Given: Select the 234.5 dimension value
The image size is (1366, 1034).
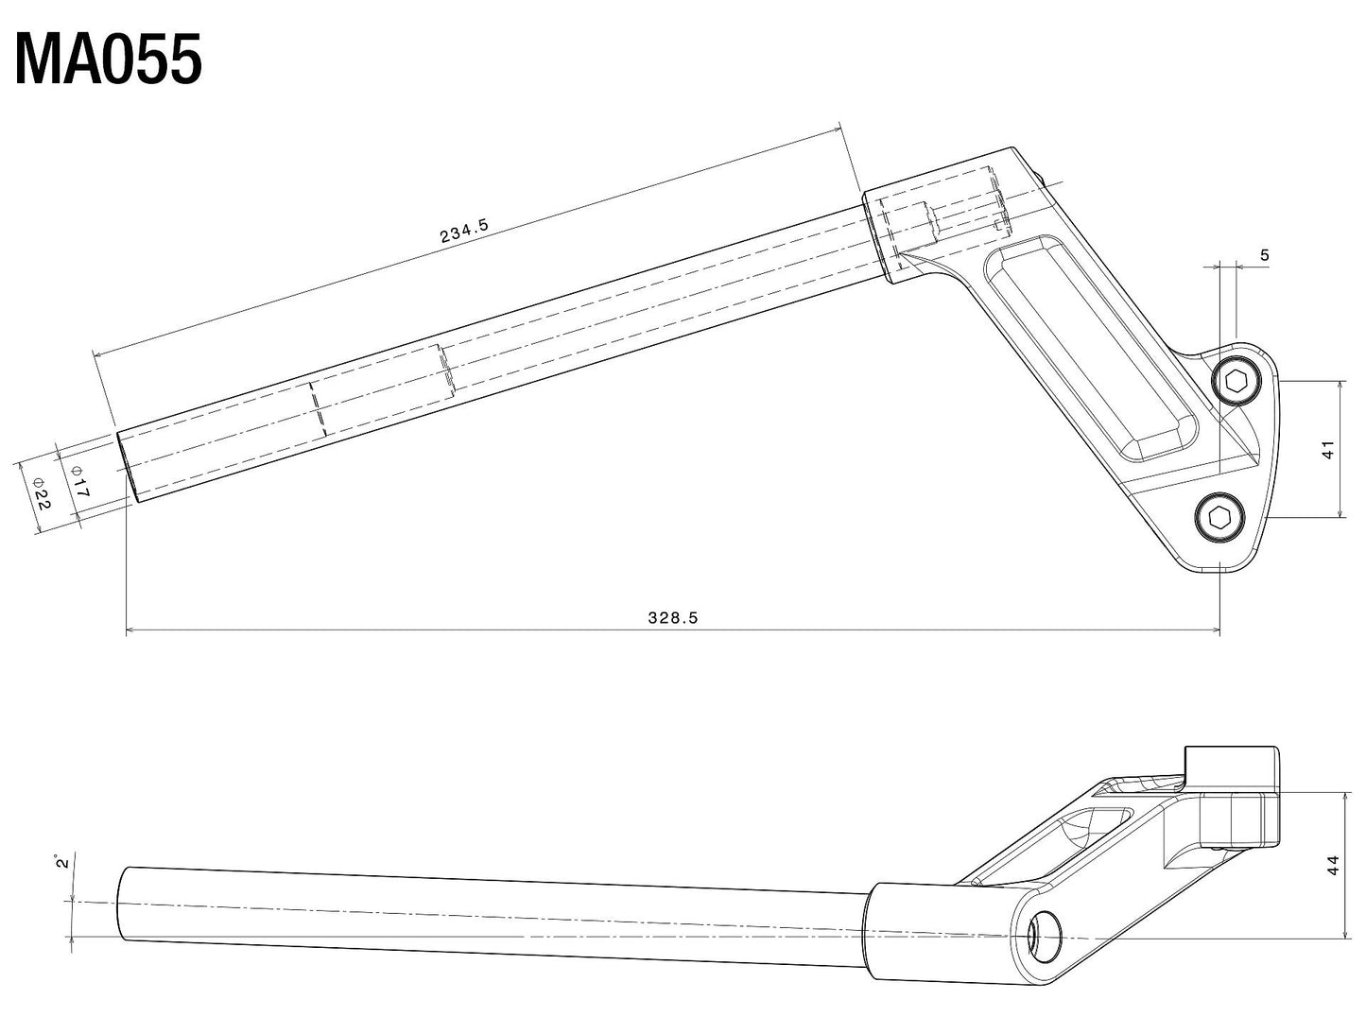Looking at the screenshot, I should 464,231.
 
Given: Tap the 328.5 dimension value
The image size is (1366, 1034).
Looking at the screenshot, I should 672,618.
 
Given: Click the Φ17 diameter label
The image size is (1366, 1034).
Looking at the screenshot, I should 80,483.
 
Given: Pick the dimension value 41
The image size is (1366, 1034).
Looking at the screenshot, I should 1327,450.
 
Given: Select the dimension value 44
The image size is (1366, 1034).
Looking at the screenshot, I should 1332,864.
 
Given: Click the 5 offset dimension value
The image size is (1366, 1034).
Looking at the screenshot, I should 1265,255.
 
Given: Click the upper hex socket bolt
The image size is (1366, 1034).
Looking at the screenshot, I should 1236,382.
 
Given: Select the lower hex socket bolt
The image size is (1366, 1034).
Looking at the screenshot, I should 1218,517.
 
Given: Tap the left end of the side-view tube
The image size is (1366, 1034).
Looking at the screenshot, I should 121,903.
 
